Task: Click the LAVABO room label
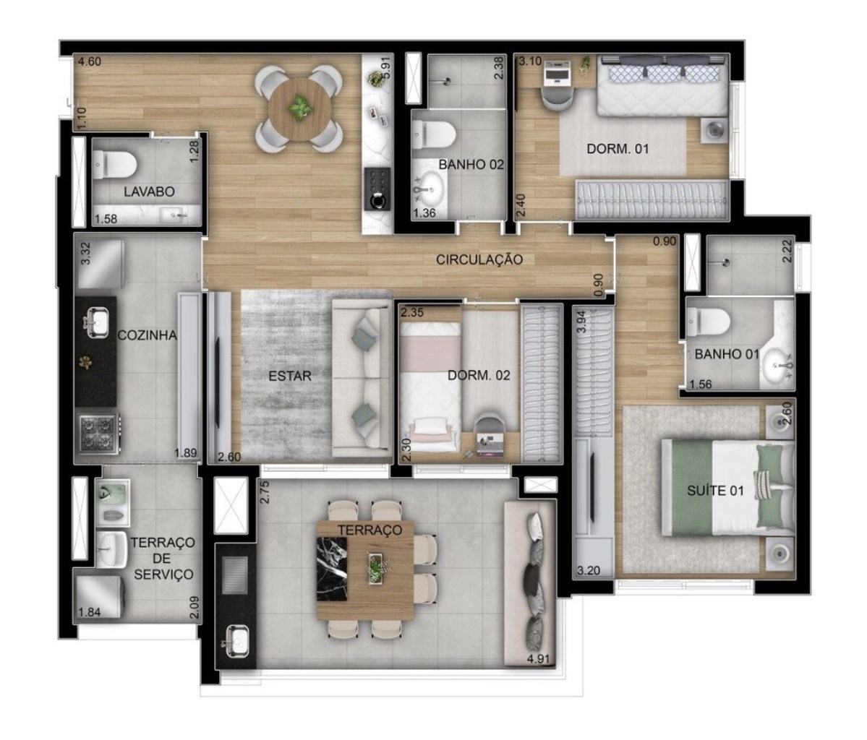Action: (x=149, y=192)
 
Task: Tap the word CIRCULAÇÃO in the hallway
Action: (x=479, y=259)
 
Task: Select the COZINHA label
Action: (x=148, y=335)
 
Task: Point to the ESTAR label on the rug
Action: (x=289, y=376)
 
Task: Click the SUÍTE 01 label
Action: (x=715, y=491)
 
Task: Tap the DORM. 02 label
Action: (x=479, y=376)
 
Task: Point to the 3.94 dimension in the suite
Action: (x=580, y=322)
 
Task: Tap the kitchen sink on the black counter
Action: (x=95, y=320)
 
